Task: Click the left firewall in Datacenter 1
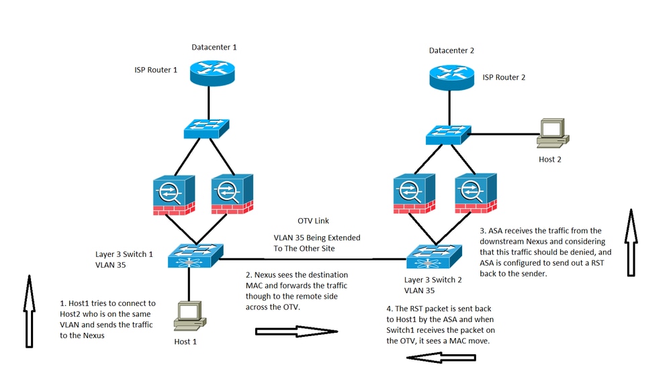(173, 194)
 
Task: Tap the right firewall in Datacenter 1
(232, 194)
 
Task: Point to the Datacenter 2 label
(453, 51)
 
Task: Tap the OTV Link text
(314, 221)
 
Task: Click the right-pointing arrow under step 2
(295, 331)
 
